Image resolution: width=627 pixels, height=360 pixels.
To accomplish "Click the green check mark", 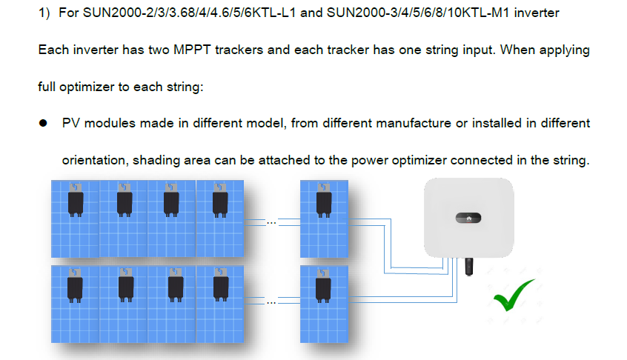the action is click(513, 296).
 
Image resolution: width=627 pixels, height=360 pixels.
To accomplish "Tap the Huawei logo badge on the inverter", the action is click(468, 218).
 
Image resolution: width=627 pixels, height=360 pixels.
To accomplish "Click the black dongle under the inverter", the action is click(469, 267).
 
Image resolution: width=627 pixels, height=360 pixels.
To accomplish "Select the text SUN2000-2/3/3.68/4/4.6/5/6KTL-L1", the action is click(189, 13).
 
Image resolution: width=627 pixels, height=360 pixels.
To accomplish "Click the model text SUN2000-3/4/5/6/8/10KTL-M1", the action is click(418, 13).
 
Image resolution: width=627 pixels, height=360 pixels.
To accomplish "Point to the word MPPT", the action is click(192, 50).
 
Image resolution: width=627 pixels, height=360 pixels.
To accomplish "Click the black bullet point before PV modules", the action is click(43, 123).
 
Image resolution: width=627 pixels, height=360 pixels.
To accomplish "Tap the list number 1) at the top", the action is click(44, 13).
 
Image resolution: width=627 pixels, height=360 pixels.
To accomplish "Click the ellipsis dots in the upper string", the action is click(271, 223).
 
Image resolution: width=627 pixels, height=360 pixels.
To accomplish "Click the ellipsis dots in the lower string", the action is click(271, 303).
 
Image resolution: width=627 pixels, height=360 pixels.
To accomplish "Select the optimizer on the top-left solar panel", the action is click(76, 200).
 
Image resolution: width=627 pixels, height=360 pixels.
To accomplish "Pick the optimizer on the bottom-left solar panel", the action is click(75, 285).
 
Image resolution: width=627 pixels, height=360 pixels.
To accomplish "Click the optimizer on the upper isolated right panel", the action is click(324, 201).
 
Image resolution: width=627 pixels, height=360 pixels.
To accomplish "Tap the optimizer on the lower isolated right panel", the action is click(323, 286).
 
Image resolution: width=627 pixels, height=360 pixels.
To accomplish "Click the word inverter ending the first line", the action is click(537, 13).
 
